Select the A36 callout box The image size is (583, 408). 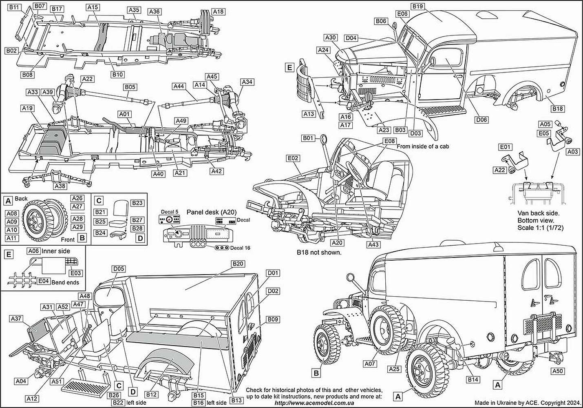coord(155,12)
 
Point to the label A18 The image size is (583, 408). coord(219,12)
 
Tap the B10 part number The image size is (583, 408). coord(118,74)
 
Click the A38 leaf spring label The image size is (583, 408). coord(60,186)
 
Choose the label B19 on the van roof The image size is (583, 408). coord(418,7)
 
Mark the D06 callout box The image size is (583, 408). coord(481,120)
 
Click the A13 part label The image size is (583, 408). coord(309,114)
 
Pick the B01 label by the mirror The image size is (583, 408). coord(308,138)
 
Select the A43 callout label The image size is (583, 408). coord(373,244)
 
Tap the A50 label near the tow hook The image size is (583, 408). coord(557,371)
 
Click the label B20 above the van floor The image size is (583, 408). coord(238,264)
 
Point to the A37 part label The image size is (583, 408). coord(17,318)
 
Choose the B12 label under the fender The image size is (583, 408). coord(151,395)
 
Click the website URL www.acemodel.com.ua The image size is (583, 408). coord(314,403)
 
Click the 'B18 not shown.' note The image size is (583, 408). coord(319,252)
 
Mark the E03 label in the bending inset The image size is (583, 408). coord(76,273)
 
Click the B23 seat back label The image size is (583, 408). coord(138,203)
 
